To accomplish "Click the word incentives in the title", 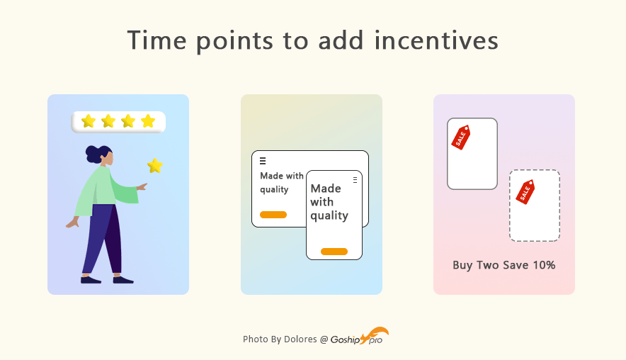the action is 436,40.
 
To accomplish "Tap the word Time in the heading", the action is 157,40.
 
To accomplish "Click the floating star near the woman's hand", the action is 155,165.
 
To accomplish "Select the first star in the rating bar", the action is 89,121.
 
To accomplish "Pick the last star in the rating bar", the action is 148,121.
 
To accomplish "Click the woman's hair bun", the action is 92,154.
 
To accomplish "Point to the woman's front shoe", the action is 123,280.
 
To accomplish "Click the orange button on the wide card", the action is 273,215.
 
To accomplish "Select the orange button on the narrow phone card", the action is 334,252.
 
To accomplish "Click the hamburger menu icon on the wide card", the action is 263,161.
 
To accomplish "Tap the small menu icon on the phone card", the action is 355,180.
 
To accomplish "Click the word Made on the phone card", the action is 326,189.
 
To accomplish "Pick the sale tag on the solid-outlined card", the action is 461,137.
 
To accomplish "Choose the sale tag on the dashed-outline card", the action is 525,192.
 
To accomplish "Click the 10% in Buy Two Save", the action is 544,265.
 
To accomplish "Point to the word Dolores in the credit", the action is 300,339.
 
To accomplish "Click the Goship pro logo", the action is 359,337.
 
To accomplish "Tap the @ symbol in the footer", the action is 324,339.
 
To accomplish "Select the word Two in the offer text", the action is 487,265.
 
